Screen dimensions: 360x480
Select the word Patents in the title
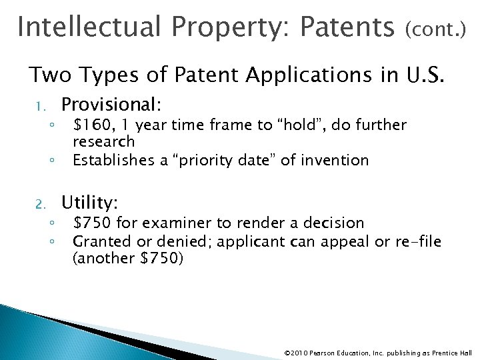[x=347, y=27]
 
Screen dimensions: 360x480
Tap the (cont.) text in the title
[x=436, y=29]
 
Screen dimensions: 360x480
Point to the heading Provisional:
[x=111, y=104]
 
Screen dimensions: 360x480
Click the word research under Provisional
[x=103, y=142]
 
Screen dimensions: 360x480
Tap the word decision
[x=335, y=223]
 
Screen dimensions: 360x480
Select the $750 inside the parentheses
[x=159, y=259]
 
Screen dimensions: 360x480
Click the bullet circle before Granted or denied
[x=51, y=241]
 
